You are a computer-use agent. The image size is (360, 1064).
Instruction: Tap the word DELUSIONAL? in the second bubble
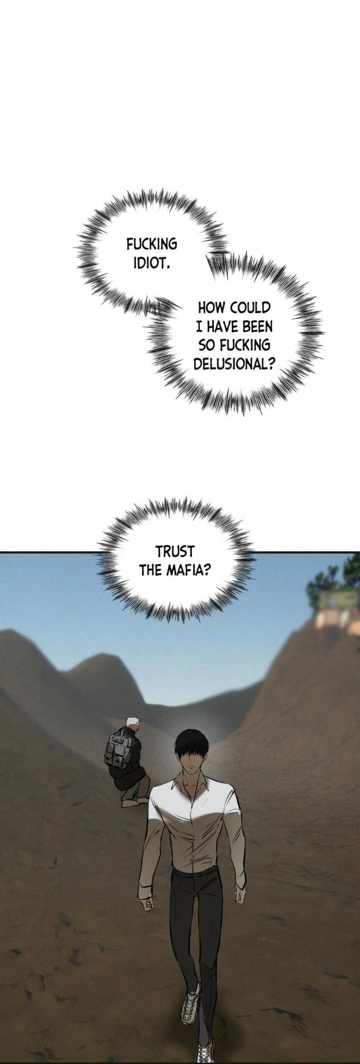(234, 364)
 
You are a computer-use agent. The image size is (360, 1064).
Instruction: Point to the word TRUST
(175, 551)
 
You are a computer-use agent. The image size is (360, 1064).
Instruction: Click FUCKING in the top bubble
(152, 244)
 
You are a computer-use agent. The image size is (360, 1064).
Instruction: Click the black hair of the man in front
(191, 747)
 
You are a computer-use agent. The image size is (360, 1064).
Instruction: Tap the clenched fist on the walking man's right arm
(145, 905)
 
